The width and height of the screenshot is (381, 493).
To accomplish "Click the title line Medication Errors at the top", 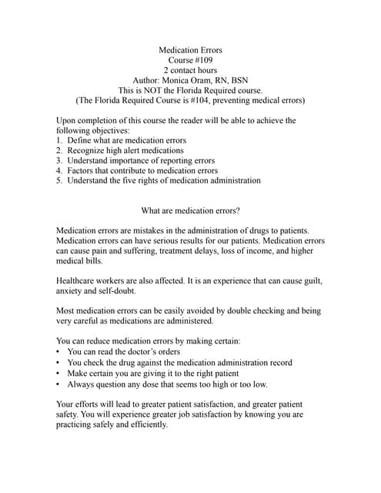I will (190, 51).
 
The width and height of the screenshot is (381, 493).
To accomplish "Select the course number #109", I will (204, 61).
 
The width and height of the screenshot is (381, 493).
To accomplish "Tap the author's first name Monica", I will (177, 80).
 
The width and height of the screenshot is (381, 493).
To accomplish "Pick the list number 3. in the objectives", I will (59, 160).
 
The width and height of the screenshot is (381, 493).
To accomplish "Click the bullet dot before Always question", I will (59, 384).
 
